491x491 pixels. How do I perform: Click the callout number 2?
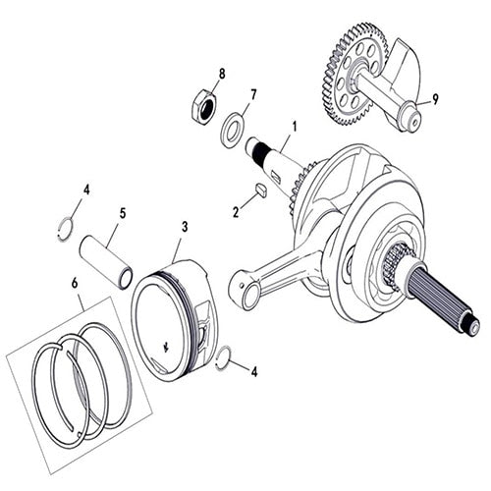(235, 211)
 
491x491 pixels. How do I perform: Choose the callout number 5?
(124, 210)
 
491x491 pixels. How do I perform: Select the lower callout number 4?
(254, 372)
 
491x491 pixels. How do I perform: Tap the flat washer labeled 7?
(234, 127)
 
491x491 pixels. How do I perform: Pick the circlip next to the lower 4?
(225, 357)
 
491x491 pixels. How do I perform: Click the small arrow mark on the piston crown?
(164, 346)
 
